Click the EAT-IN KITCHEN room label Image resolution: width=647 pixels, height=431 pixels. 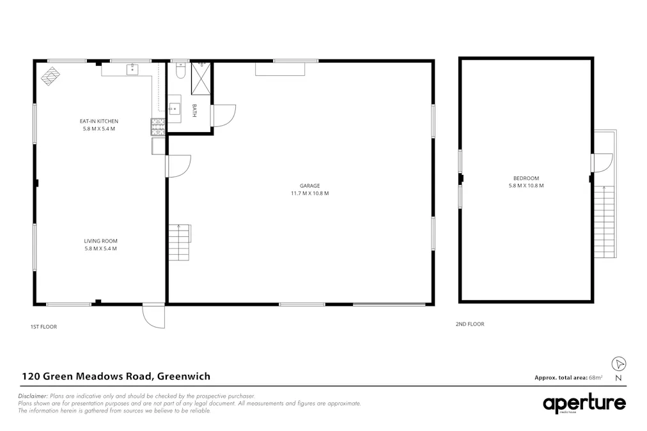click(99, 121)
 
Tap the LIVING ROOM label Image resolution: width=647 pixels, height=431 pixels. click(100, 241)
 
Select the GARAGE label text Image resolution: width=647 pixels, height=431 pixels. click(310, 186)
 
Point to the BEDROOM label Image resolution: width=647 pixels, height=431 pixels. click(526, 178)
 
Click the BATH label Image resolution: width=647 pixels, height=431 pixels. click(194, 111)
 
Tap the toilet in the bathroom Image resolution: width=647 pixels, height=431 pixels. click(180, 72)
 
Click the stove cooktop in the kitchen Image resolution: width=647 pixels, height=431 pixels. click(158, 126)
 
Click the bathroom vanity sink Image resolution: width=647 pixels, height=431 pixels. click(175, 109)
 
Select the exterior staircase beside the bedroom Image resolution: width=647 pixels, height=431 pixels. click(605, 220)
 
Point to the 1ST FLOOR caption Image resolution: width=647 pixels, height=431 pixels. click(44, 327)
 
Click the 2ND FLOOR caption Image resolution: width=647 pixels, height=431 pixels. click(470, 324)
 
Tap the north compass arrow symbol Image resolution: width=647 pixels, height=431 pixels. click(618, 364)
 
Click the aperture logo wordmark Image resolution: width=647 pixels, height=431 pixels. click(584, 404)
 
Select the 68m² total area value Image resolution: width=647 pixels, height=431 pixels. click(596, 378)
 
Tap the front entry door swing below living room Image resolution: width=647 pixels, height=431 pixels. click(154, 316)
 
